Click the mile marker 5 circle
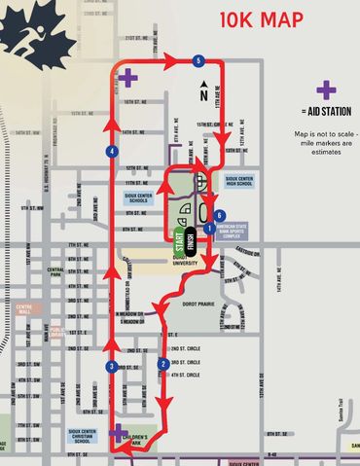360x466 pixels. click(x=198, y=61)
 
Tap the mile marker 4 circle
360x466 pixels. click(x=113, y=152)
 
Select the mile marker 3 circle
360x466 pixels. click(x=113, y=366)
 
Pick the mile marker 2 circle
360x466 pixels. click(x=162, y=364)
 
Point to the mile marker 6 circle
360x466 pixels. click(x=219, y=215)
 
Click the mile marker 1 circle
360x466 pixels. click(x=207, y=229)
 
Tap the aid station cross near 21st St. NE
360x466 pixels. click(x=129, y=75)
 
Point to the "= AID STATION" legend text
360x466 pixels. click(x=327, y=112)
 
